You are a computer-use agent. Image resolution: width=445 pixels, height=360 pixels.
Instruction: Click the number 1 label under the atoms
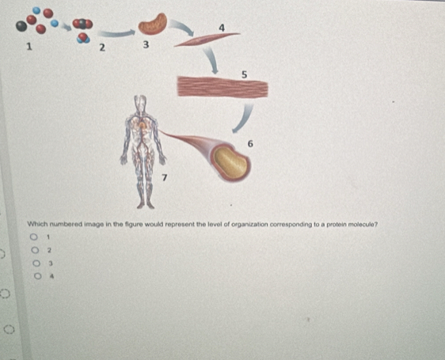coord(29,47)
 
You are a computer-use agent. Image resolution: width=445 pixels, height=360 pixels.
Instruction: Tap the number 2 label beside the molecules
coord(102,47)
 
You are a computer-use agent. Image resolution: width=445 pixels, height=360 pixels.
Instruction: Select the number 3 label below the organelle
coord(146,45)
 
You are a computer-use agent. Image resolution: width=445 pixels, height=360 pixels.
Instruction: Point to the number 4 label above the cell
coord(222,28)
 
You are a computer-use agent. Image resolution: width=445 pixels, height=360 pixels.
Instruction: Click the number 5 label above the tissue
coord(245,74)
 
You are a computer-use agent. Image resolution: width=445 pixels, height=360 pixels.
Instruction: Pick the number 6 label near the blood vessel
coord(250,144)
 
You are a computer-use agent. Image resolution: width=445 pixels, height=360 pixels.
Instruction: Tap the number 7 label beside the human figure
coord(165,177)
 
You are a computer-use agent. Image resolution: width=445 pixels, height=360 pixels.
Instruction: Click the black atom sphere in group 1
coord(21,26)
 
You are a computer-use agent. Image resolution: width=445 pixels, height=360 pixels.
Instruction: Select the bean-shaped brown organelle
coord(153,24)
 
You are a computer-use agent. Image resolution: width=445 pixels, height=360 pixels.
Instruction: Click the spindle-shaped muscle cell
coord(207,39)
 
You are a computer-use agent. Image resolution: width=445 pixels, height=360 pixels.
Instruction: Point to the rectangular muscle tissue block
coord(222,87)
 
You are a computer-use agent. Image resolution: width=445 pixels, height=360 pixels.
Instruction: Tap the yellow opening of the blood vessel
coord(230,162)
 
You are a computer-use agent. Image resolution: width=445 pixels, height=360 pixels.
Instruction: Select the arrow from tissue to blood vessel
coord(245,119)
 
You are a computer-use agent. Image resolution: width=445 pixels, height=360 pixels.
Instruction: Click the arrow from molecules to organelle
coord(116,33)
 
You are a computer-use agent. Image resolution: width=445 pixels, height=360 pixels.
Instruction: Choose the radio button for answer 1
coord(34,237)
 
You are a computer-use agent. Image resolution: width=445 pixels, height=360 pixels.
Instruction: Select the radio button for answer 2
coord(35,250)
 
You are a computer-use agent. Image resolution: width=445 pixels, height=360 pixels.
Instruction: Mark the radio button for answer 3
coord(36,263)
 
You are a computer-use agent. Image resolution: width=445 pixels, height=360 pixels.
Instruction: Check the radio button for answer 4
coord(38,276)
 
